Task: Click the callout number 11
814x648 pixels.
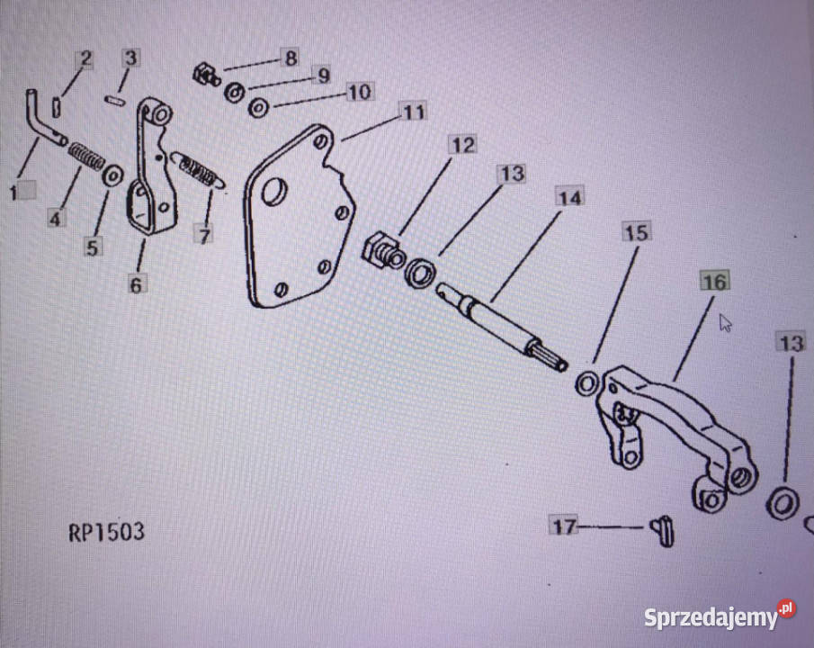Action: (414, 112)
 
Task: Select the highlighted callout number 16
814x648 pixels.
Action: (715, 282)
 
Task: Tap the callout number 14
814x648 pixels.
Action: (569, 198)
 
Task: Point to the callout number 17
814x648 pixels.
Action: (564, 526)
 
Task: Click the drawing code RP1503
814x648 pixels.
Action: (106, 532)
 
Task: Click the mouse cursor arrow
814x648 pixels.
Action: (725, 323)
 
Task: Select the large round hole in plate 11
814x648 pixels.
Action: (274, 191)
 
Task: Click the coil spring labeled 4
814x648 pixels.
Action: (86, 156)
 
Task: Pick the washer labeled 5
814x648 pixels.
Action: (112, 176)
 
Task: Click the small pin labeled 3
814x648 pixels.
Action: (115, 100)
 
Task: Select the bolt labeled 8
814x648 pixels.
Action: (206, 75)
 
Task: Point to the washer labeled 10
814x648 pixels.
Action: (258, 108)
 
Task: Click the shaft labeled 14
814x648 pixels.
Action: (502, 327)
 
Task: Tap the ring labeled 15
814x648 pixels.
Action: (587, 384)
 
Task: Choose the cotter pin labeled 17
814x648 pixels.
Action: (662, 531)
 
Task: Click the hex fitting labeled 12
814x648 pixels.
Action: (382, 251)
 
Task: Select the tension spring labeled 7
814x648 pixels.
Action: (198, 170)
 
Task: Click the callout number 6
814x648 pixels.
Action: (136, 284)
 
